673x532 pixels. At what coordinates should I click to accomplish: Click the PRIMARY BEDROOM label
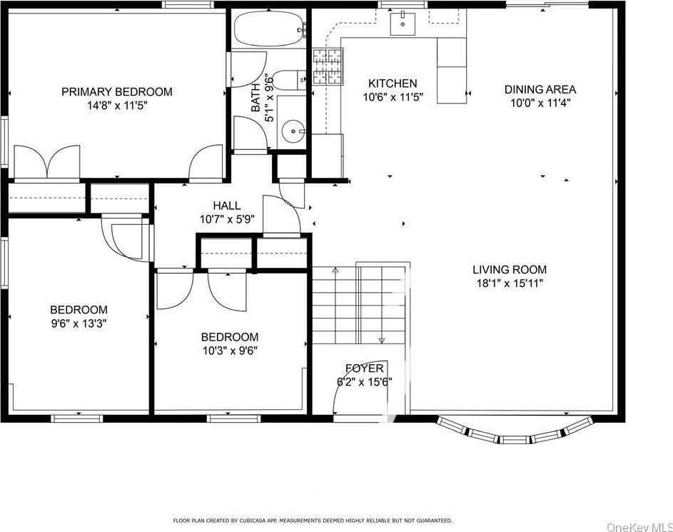tap(116, 91)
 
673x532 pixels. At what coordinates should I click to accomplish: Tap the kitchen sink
tap(403, 24)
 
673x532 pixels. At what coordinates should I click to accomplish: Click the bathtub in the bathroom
tap(268, 29)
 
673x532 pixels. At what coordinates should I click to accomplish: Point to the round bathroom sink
tap(293, 131)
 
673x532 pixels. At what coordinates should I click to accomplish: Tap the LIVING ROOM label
tap(510, 269)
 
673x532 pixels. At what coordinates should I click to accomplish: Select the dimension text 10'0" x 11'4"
tap(540, 103)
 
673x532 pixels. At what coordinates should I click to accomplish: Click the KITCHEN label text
tap(393, 84)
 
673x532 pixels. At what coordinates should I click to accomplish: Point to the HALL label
tap(226, 206)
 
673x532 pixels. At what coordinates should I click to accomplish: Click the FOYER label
tap(365, 368)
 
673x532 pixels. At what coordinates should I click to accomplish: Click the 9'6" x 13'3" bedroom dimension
tap(79, 323)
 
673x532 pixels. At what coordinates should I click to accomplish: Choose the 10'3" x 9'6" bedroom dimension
tap(229, 350)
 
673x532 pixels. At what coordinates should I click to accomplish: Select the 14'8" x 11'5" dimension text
tap(116, 105)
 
